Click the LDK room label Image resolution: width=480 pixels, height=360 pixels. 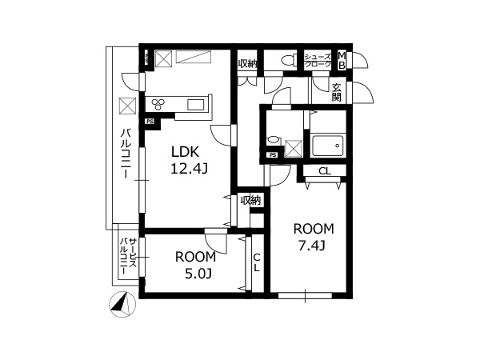(186, 151)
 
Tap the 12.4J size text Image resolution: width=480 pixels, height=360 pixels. (189, 168)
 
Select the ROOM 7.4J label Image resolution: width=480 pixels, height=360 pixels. (313, 237)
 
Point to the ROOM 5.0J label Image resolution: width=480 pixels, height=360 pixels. (196, 265)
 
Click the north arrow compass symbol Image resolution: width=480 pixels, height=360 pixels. (122, 304)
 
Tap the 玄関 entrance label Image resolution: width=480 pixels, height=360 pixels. (337, 93)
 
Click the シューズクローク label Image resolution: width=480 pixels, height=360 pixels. (318, 60)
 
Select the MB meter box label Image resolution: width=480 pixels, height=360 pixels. (342, 60)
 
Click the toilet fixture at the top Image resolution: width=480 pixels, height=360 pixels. (289, 60)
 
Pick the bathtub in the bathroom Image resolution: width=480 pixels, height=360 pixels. (327, 146)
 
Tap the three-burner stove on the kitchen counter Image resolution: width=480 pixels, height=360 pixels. (158, 104)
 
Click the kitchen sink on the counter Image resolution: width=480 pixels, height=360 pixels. (196, 105)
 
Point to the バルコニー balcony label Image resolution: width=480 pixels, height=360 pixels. (126, 154)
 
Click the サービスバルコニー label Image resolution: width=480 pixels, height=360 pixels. (128, 257)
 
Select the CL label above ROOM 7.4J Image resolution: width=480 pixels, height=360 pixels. (325, 171)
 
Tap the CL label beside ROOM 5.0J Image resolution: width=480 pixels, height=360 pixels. (257, 262)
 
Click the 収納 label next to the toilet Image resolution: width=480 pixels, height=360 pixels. (247, 64)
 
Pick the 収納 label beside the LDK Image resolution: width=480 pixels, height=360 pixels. (250, 201)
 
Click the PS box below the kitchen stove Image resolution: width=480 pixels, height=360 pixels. (150, 122)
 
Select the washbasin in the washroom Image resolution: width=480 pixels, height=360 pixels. (274, 141)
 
